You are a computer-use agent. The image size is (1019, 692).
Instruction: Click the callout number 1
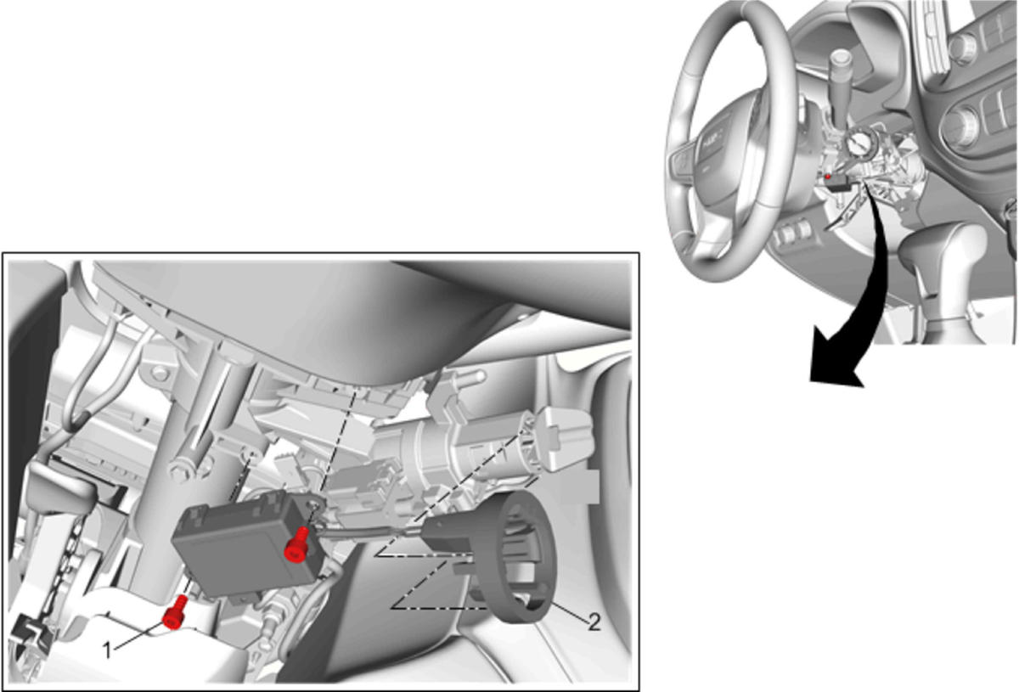pyautogui.click(x=107, y=650)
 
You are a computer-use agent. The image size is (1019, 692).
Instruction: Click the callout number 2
pyautogui.click(x=594, y=623)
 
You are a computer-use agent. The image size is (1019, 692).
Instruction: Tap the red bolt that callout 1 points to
pyautogui.click(x=174, y=612)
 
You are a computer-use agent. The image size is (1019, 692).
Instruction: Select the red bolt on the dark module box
pyautogui.click(x=296, y=544)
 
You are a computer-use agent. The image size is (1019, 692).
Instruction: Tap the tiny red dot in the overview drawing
pyautogui.click(x=829, y=176)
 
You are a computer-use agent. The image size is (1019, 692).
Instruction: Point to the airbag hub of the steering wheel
pyautogui.click(x=727, y=150)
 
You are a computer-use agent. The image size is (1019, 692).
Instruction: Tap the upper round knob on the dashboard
pyautogui.click(x=963, y=47)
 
